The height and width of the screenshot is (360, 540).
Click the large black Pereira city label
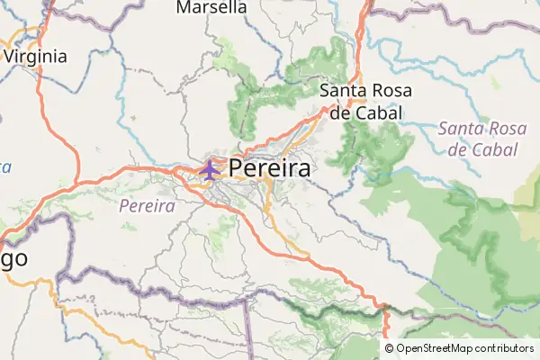(270, 169)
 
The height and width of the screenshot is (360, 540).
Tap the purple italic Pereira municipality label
(147, 206)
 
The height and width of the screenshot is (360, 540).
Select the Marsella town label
(212, 8)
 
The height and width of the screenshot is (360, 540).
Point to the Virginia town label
(36, 56)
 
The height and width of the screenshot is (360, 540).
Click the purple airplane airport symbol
(210, 168)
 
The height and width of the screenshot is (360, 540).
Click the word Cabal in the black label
(380, 113)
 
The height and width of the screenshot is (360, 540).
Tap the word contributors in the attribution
(505, 348)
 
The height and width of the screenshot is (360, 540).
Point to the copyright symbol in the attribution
(390, 348)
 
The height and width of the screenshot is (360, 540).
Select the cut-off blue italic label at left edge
(4, 167)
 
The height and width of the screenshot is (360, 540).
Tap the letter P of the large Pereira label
(238, 169)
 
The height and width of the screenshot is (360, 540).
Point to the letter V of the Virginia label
(10, 56)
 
